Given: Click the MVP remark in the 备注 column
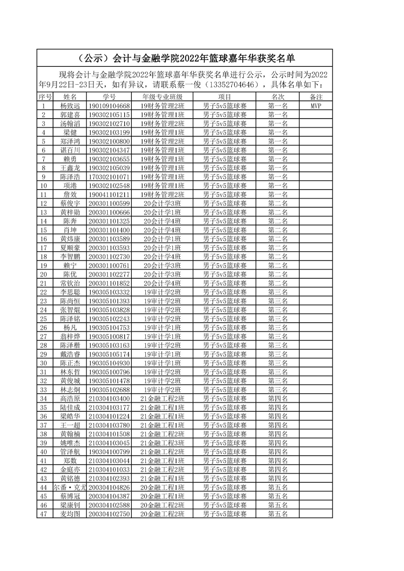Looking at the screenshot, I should [x=316, y=106].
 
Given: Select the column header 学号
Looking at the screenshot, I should [x=109, y=97].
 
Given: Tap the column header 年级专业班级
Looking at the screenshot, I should [x=162, y=97].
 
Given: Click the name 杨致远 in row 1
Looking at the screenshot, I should [x=70, y=106].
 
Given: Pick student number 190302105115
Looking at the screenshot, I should [x=109, y=115].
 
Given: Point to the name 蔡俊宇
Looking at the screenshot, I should [x=70, y=203].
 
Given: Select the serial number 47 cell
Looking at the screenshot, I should [x=44, y=514].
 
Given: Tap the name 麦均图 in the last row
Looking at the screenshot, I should [x=70, y=514].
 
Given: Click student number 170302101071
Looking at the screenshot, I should [x=109, y=177].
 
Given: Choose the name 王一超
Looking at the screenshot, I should [x=70, y=425].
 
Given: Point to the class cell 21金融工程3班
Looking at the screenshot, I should [x=162, y=443].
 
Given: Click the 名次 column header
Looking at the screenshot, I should [x=278, y=97].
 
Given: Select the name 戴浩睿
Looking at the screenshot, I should [x=70, y=354].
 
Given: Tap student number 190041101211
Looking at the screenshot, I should [x=109, y=194].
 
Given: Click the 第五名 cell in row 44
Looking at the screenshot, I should [x=278, y=487].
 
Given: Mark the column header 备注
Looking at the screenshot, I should [x=316, y=97].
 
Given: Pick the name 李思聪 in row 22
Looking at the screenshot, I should [x=70, y=292].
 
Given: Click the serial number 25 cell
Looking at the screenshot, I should [x=44, y=319].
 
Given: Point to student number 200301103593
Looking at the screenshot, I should [x=109, y=248].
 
